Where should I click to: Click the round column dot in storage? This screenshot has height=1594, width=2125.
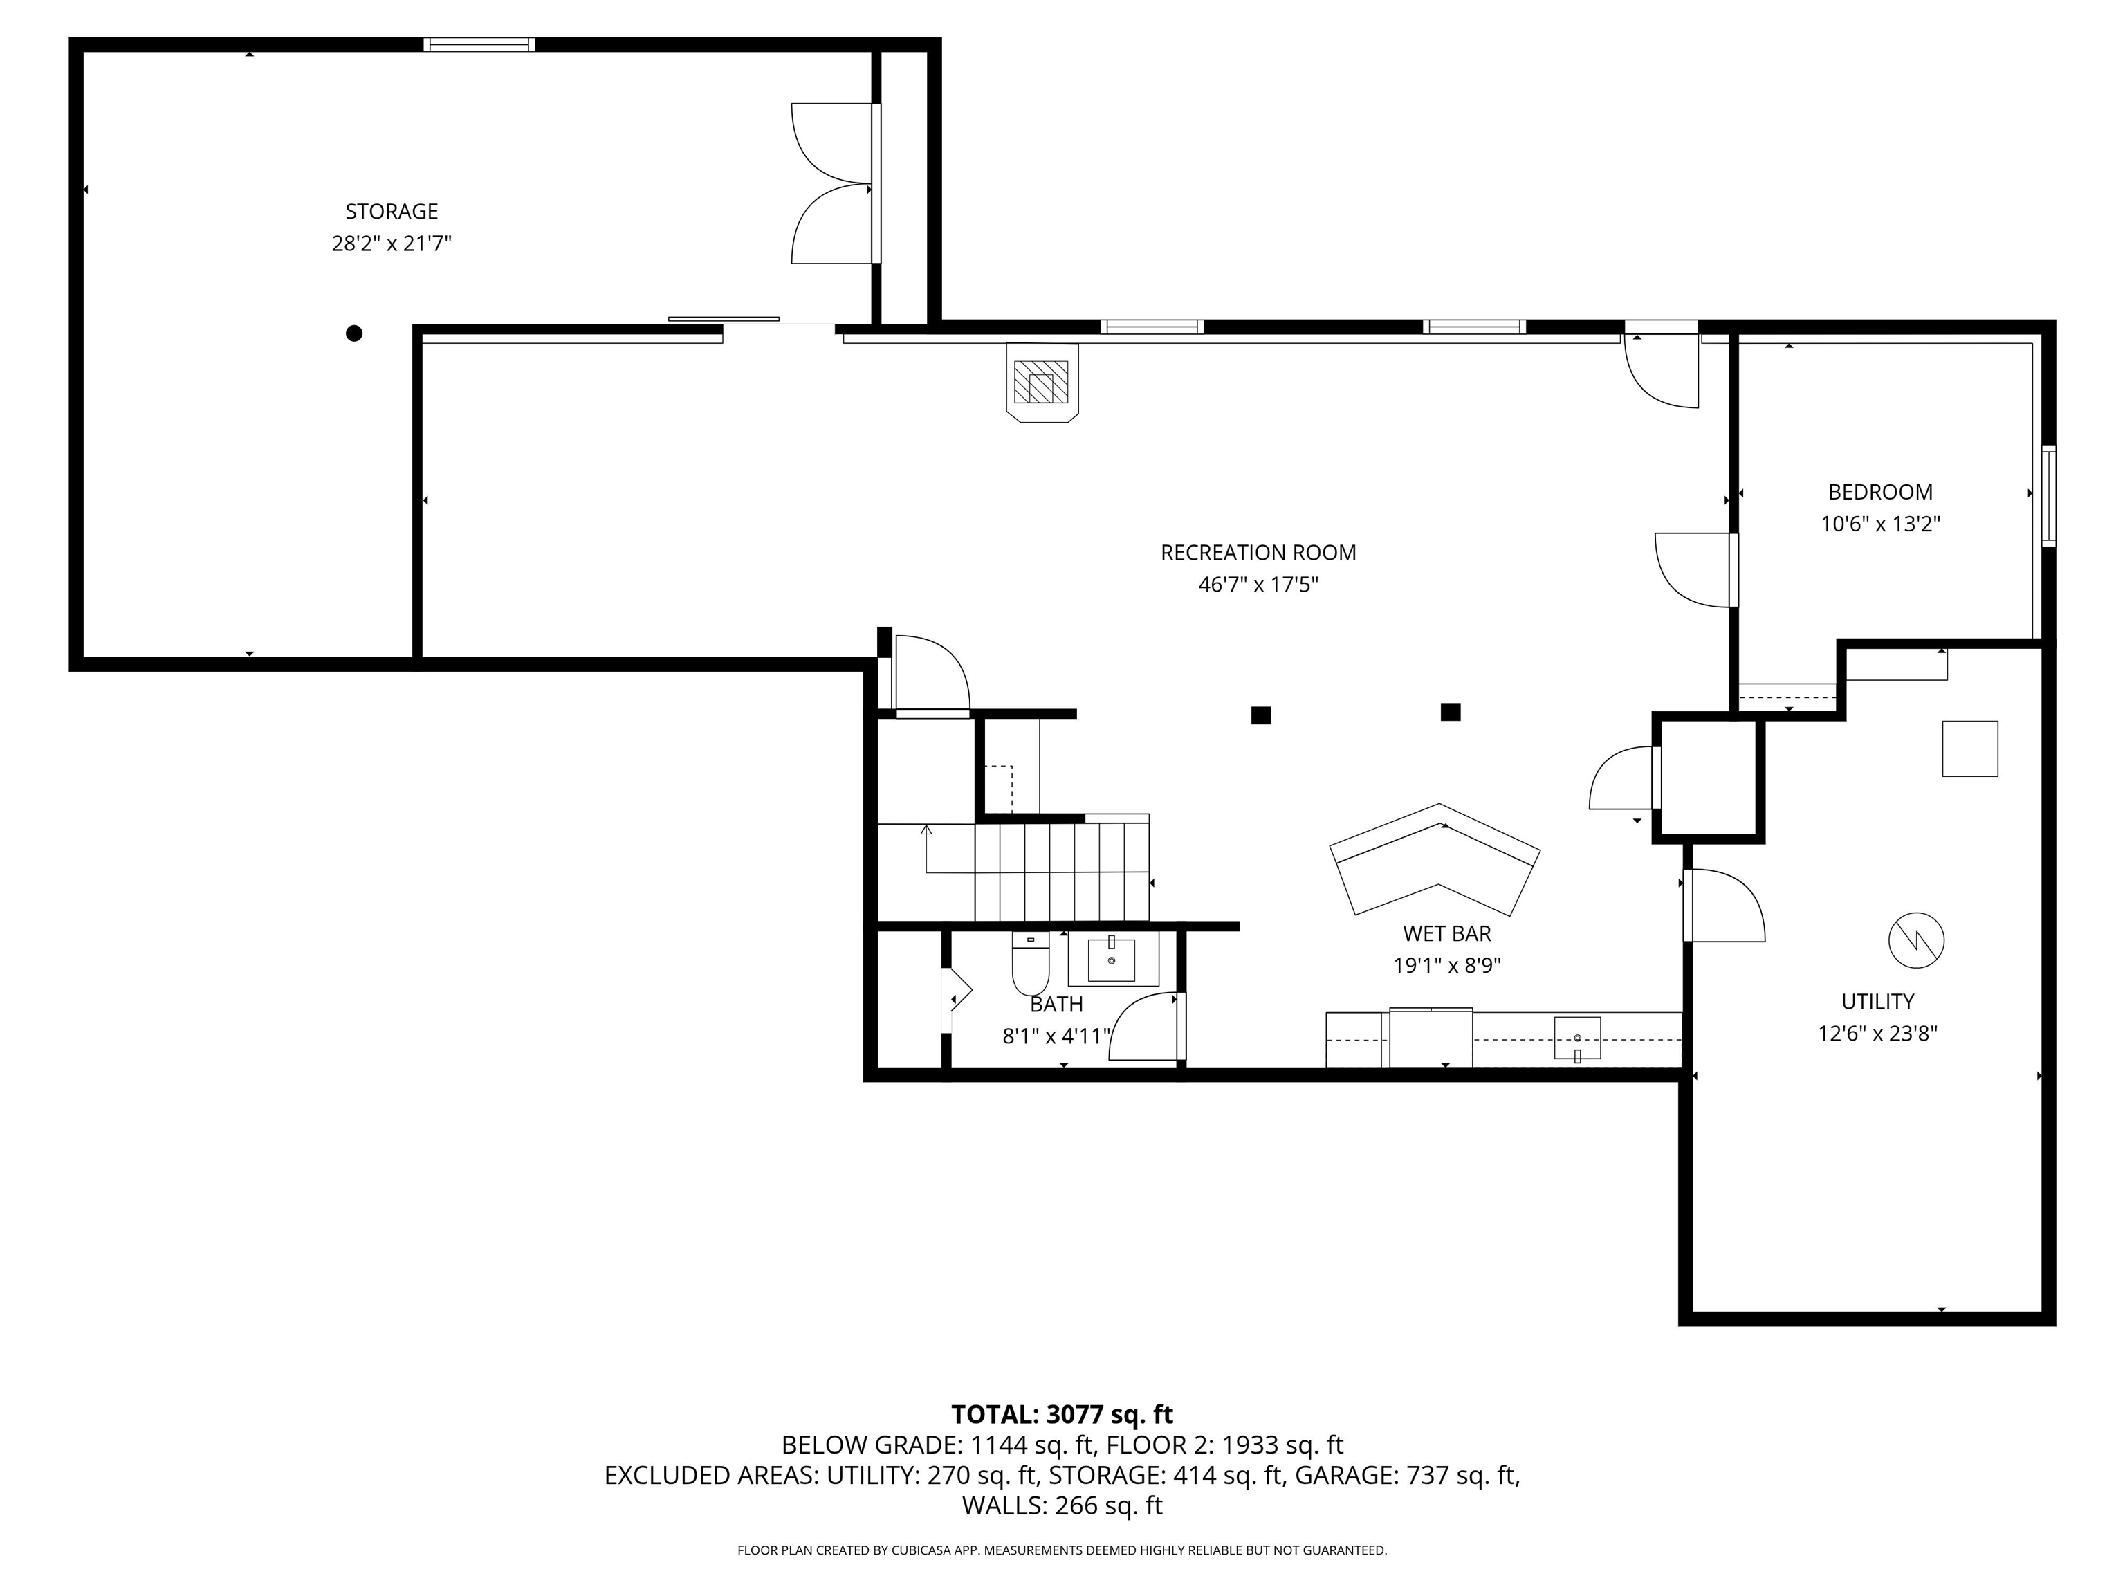tap(353, 333)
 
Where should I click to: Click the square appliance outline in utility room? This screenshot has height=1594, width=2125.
tap(1969, 749)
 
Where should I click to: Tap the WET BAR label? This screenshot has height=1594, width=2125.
tap(1447, 933)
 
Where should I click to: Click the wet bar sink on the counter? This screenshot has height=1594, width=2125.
tap(1577, 1038)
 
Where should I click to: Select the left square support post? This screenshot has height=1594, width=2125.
tap(1260, 715)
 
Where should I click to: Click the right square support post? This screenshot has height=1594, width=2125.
tap(1451, 712)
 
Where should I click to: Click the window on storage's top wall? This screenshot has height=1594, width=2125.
tap(479, 44)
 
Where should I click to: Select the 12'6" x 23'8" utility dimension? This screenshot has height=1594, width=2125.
tap(1877, 1034)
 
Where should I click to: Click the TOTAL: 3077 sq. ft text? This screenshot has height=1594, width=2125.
tap(1062, 1414)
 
